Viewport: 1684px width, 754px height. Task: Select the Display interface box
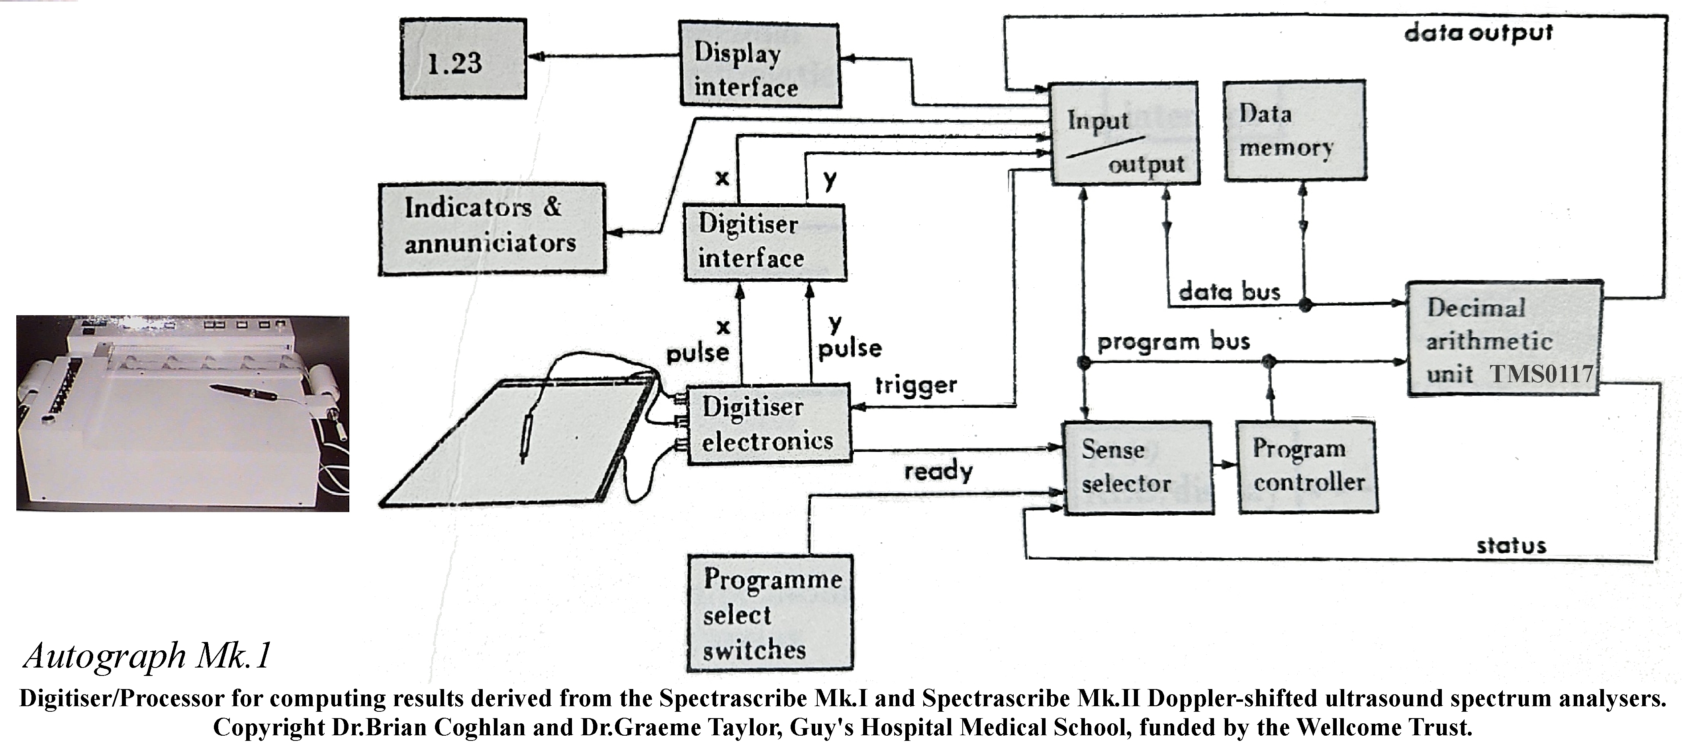759,64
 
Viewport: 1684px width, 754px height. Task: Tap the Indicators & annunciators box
491,228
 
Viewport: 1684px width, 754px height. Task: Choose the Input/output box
1124,134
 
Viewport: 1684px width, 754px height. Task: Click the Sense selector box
1138,467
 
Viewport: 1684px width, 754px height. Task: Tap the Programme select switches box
770,613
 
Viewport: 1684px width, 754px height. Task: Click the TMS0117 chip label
1541,374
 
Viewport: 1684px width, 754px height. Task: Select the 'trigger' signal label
916,386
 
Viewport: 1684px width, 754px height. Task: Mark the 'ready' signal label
938,471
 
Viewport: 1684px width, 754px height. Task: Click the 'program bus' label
1173,342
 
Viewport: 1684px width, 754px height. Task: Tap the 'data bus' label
1229,292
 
